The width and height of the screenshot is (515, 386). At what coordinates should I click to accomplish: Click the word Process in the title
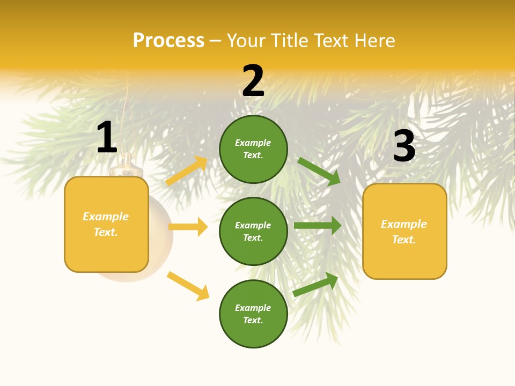click(x=168, y=41)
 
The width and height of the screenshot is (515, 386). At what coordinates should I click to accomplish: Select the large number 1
click(x=107, y=138)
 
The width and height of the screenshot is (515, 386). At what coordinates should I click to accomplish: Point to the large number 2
click(x=253, y=81)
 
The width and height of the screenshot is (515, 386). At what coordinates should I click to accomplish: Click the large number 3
click(x=404, y=146)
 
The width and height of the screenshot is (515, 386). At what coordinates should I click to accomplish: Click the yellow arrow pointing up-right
click(x=187, y=170)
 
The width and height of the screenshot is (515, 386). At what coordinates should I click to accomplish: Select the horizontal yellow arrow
click(x=188, y=227)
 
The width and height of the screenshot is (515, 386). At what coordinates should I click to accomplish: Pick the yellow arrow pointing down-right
click(x=188, y=286)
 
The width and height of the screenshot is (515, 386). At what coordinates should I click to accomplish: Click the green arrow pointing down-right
click(x=319, y=172)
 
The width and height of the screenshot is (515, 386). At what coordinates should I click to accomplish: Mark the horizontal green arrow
click(x=318, y=226)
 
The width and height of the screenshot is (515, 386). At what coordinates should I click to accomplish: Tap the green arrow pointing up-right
click(x=316, y=285)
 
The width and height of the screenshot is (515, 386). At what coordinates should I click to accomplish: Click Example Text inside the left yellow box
click(x=106, y=224)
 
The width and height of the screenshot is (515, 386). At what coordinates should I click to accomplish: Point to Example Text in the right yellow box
click(x=404, y=232)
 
